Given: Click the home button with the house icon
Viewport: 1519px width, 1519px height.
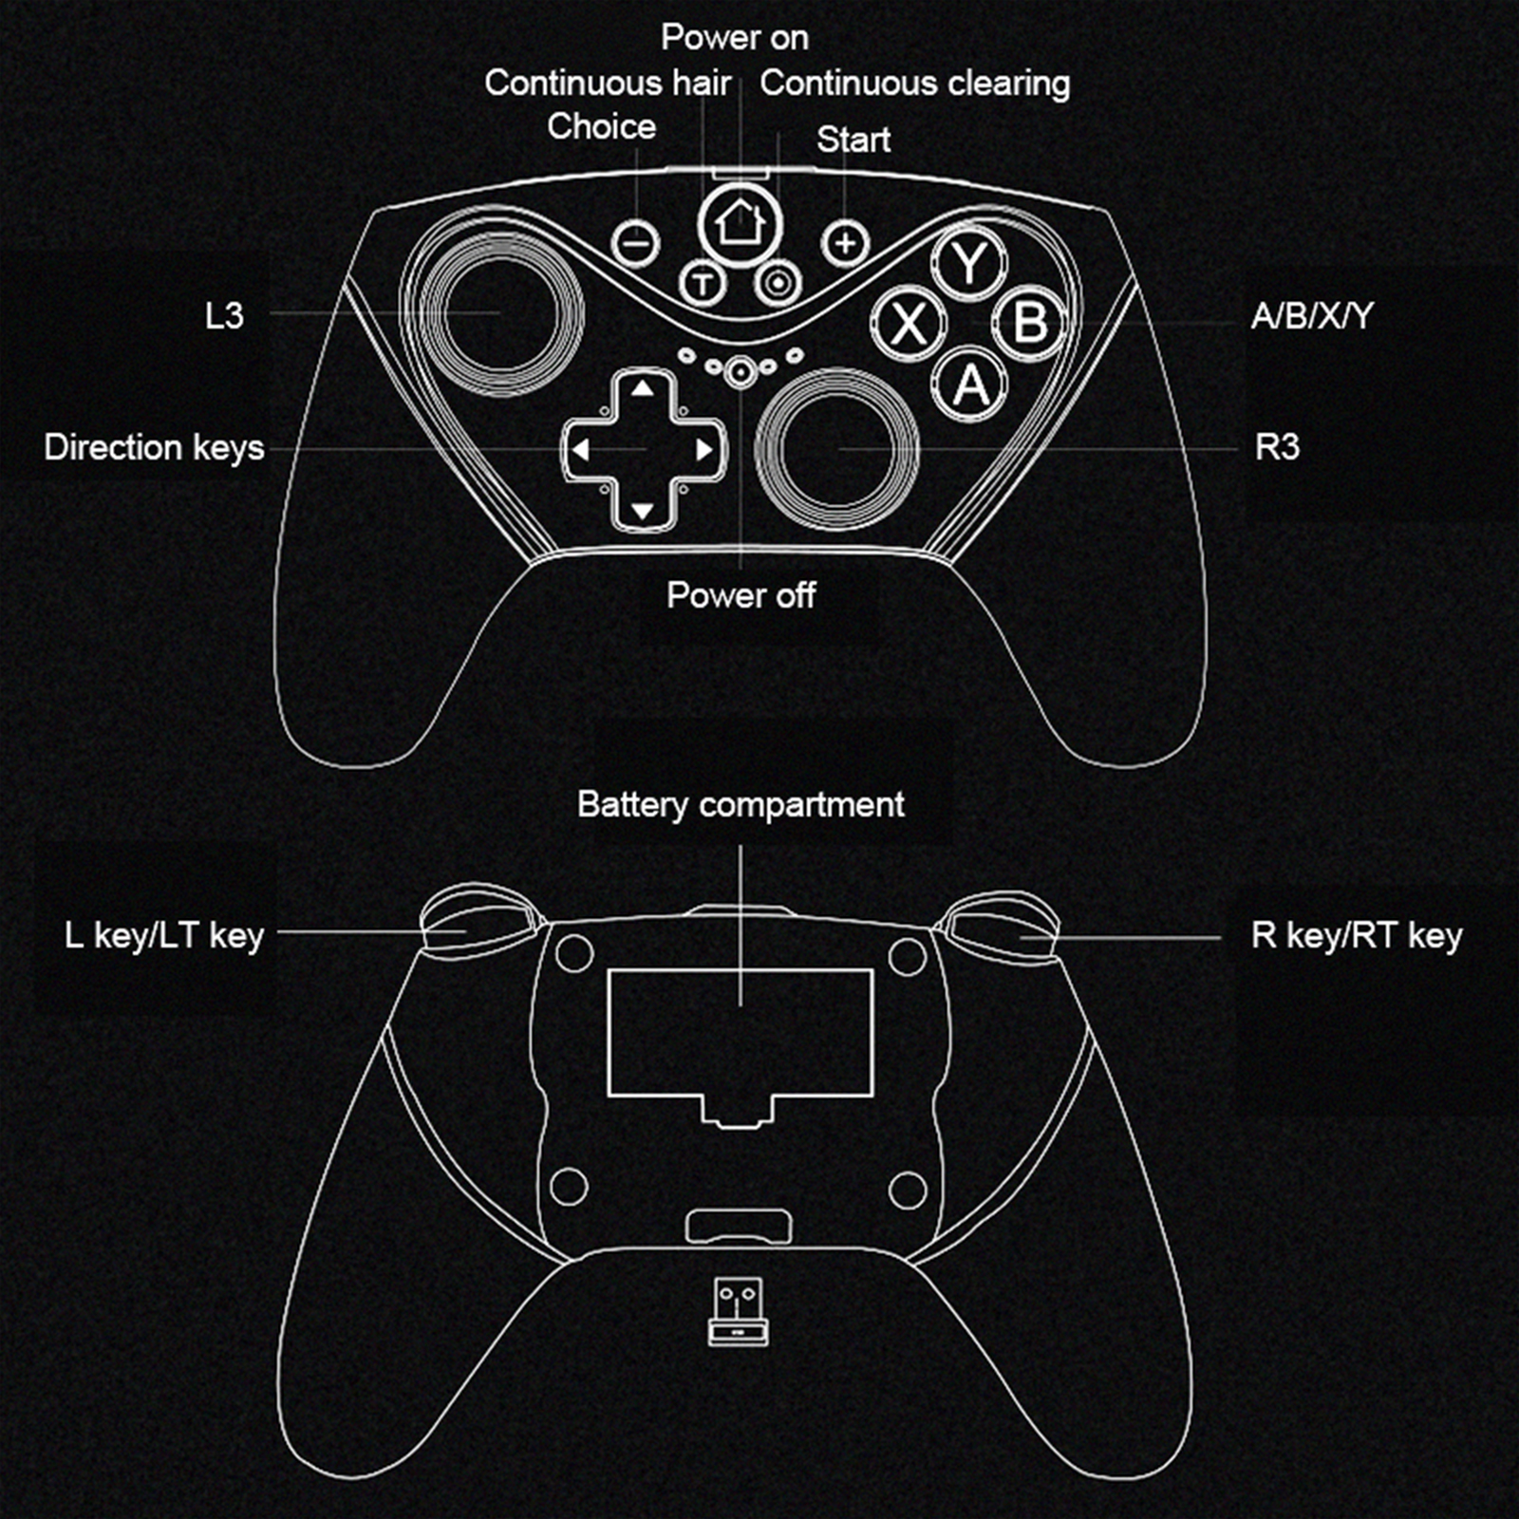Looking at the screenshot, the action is [740, 225].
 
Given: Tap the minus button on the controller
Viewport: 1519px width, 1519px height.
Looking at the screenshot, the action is [636, 243].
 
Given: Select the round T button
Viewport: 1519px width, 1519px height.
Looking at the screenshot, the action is [703, 283].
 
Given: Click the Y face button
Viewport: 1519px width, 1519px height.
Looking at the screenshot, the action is [969, 263].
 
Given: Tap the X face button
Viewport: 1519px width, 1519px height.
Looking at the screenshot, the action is [909, 323].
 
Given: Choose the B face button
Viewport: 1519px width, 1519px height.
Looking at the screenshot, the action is [1030, 323].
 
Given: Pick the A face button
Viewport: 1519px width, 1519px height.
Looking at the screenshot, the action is [969, 384].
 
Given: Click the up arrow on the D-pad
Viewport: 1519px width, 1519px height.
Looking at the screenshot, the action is [643, 388].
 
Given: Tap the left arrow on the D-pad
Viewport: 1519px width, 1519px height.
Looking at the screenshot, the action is [580, 450].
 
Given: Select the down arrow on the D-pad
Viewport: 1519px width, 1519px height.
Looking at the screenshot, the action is [643, 512].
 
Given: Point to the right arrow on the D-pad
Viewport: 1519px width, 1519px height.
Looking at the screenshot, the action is [704, 450].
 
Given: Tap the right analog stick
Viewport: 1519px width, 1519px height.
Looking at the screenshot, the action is [836, 448].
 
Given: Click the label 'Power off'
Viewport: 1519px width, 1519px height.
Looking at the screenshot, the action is [741, 595].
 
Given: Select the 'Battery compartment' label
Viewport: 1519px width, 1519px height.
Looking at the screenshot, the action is [741, 805].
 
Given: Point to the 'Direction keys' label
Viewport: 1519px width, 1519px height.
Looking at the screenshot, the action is [154, 447].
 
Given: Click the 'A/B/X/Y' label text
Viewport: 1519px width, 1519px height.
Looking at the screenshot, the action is [1312, 315].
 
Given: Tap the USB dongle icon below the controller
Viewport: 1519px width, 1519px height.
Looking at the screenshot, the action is [738, 1311].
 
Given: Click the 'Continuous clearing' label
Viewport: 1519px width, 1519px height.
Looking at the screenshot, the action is [915, 84].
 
